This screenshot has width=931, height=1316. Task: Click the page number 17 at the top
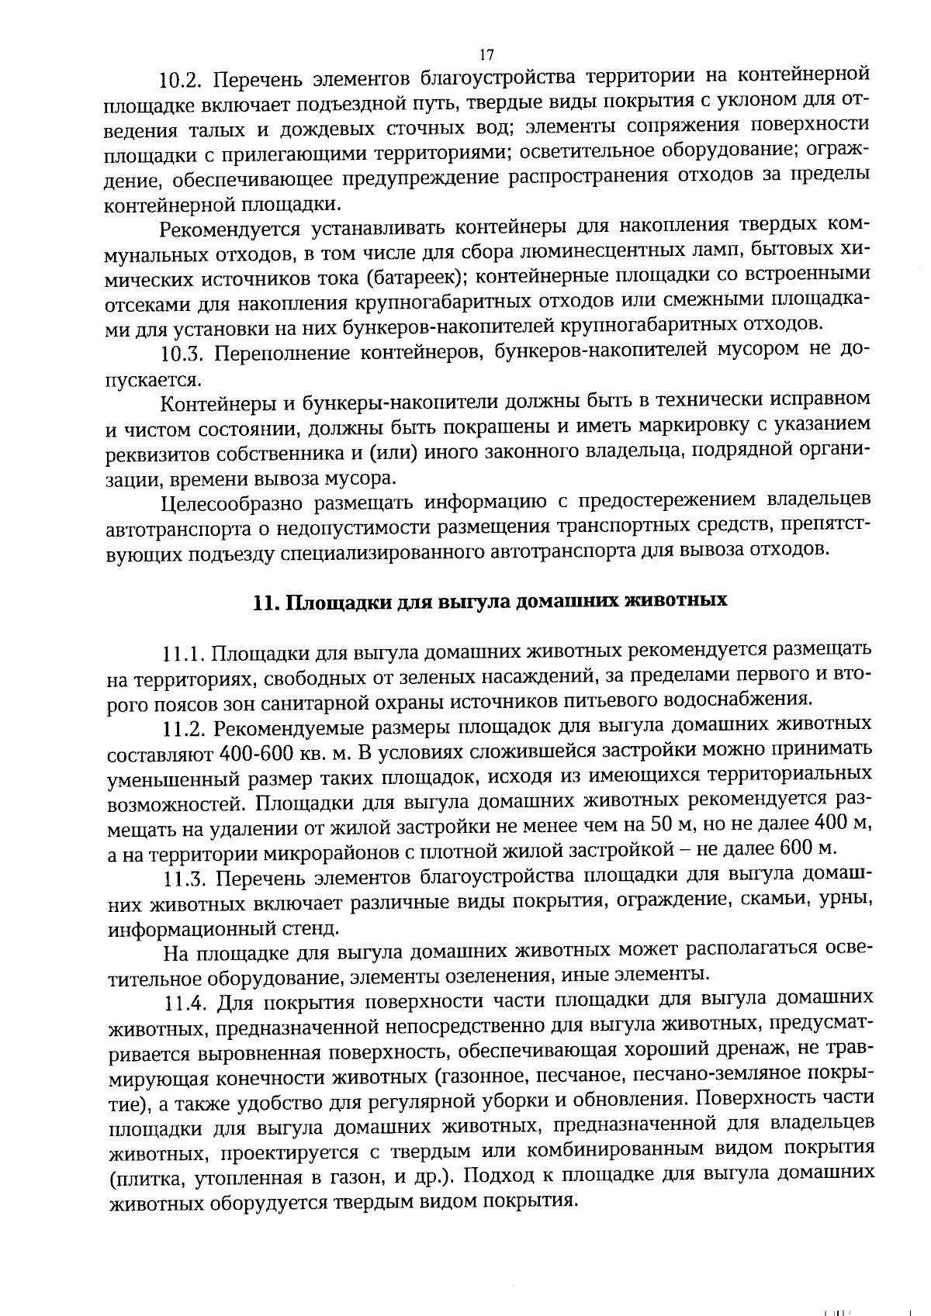click(x=486, y=54)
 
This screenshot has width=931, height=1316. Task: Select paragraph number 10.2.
click(x=181, y=79)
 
